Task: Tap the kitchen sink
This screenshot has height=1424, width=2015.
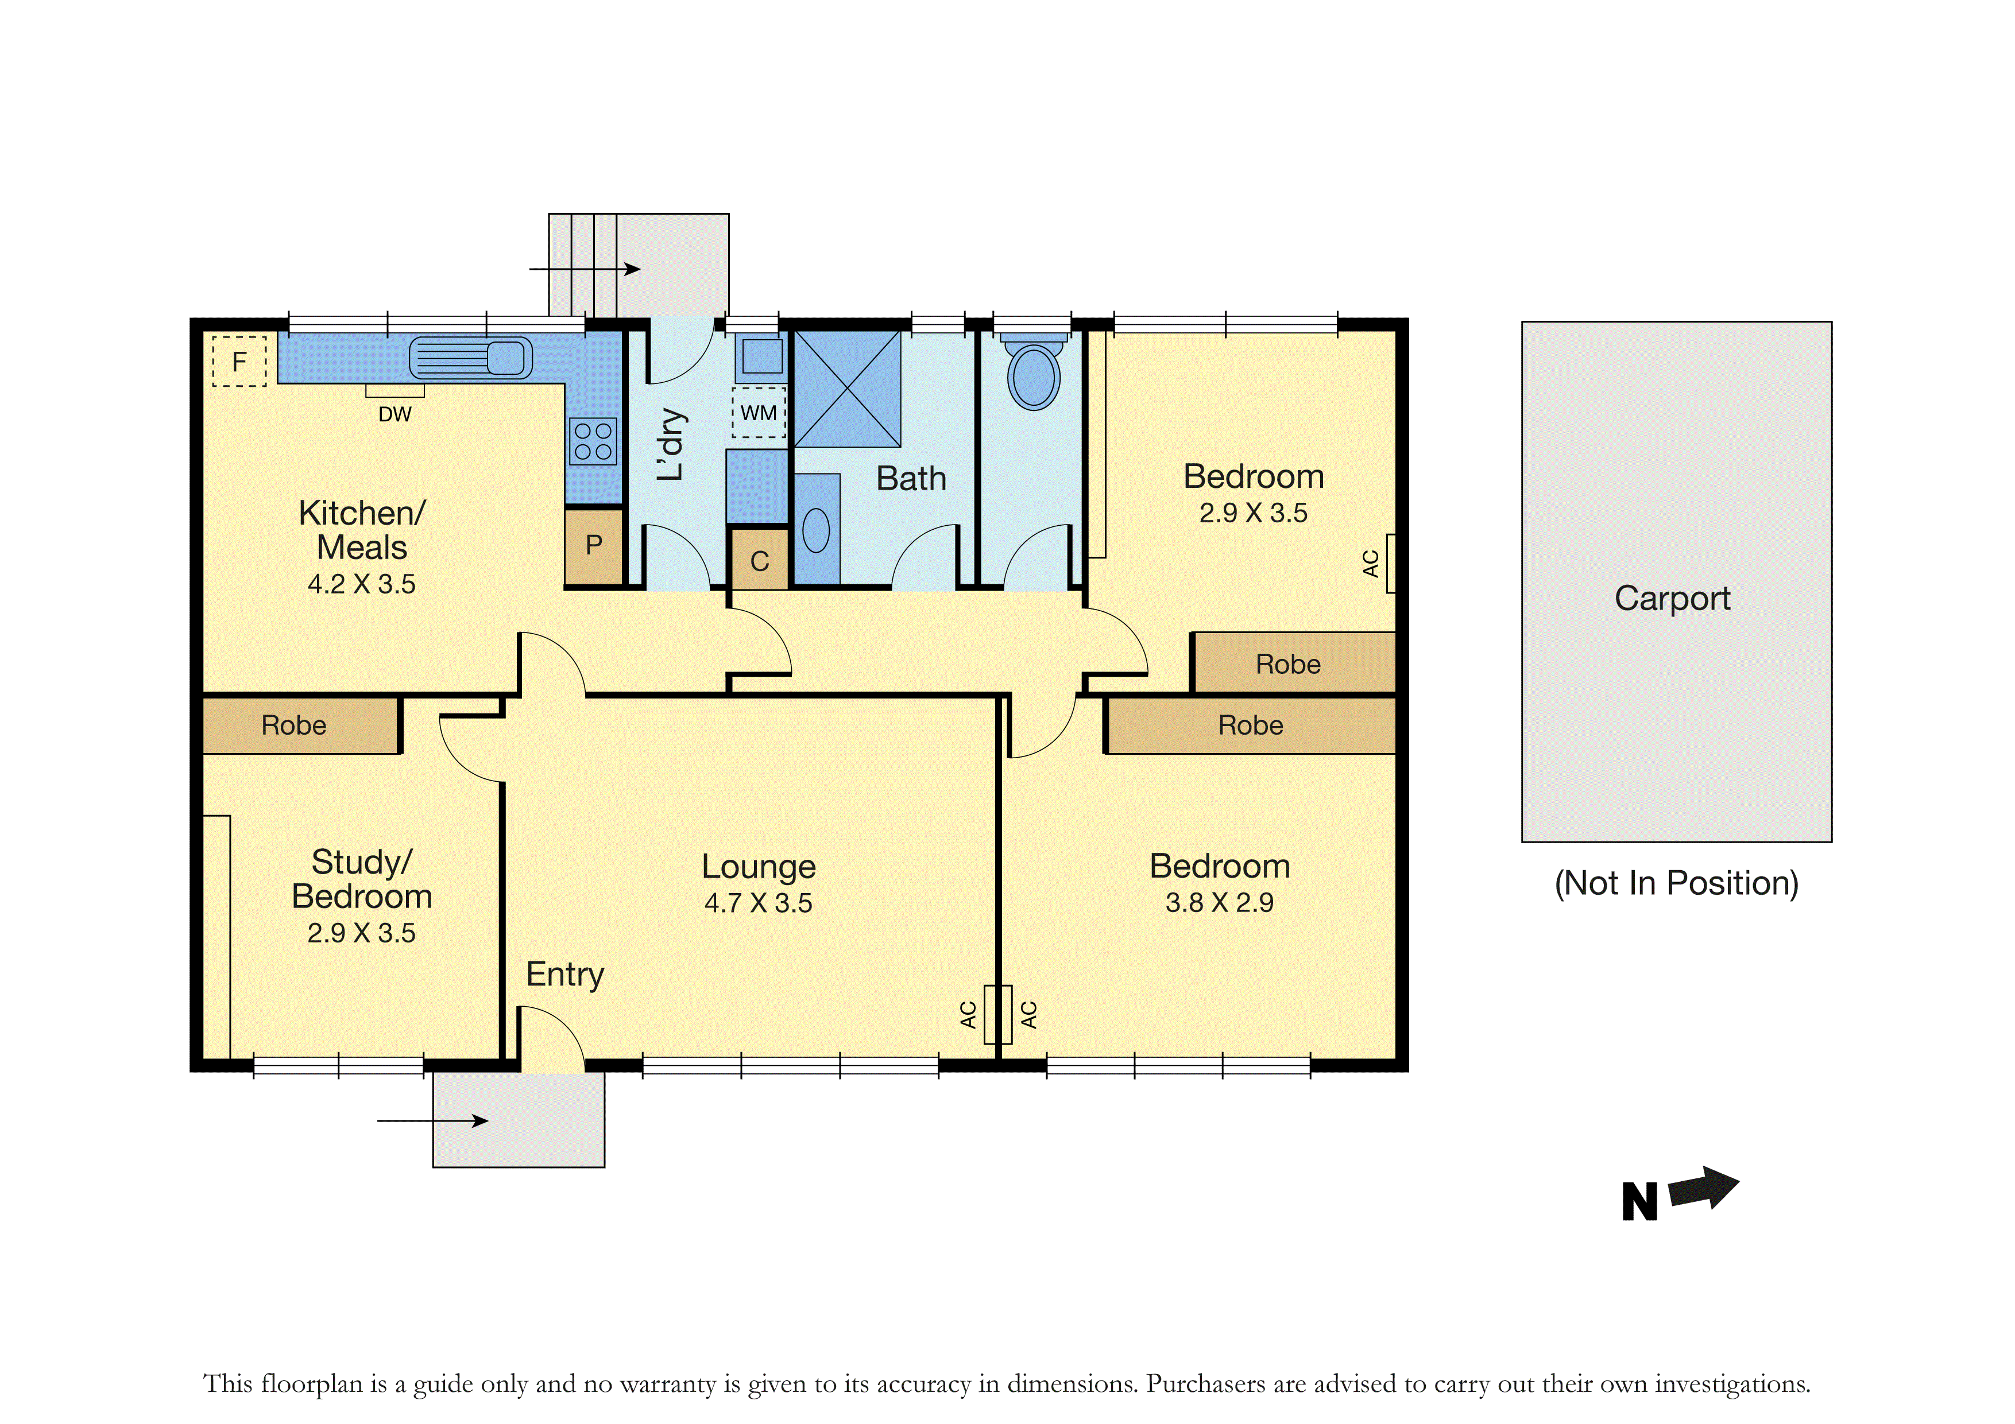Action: (470, 358)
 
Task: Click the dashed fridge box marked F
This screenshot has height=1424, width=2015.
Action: (239, 360)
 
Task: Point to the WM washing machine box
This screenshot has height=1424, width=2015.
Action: (759, 412)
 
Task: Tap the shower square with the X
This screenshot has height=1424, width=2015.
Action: (847, 389)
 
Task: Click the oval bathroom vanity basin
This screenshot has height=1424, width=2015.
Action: (816, 530)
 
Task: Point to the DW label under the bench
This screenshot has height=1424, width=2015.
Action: (395, 414)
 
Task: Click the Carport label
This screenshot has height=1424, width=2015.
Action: (1673, 599)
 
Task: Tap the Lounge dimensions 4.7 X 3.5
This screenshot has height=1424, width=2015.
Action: (758, 903)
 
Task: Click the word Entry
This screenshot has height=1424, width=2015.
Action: (565, 975)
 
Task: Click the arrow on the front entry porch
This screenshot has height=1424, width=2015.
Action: (432, 1120)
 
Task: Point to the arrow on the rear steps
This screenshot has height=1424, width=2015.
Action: (585, 269)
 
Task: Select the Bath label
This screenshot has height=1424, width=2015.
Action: (911, 478)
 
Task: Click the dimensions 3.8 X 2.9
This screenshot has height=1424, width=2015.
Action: (1219, 903)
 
